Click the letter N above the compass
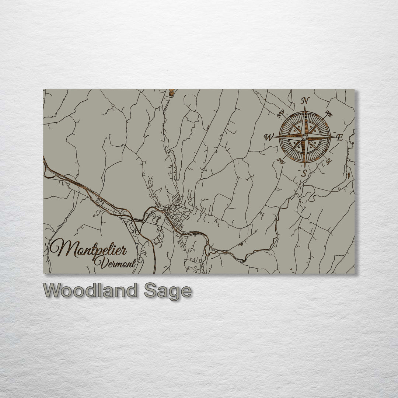pyautogui.click(x=306, y=101)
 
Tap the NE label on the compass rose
pyautogui.click(x=329, y=114)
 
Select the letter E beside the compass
pyautogui.click(x=340, y=138)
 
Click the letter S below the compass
pyautogui.click(x=304, y=173)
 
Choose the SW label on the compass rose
pyautogui.click(x=282, y=161)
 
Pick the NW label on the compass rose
pyautogui.click(x=281, y=114)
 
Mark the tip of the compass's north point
pyautogui.click(x=305, y=107)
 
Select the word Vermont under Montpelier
pyautogui.click(x=115, y=263)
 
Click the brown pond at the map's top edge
pyautogui.click(x=171, y=92)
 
